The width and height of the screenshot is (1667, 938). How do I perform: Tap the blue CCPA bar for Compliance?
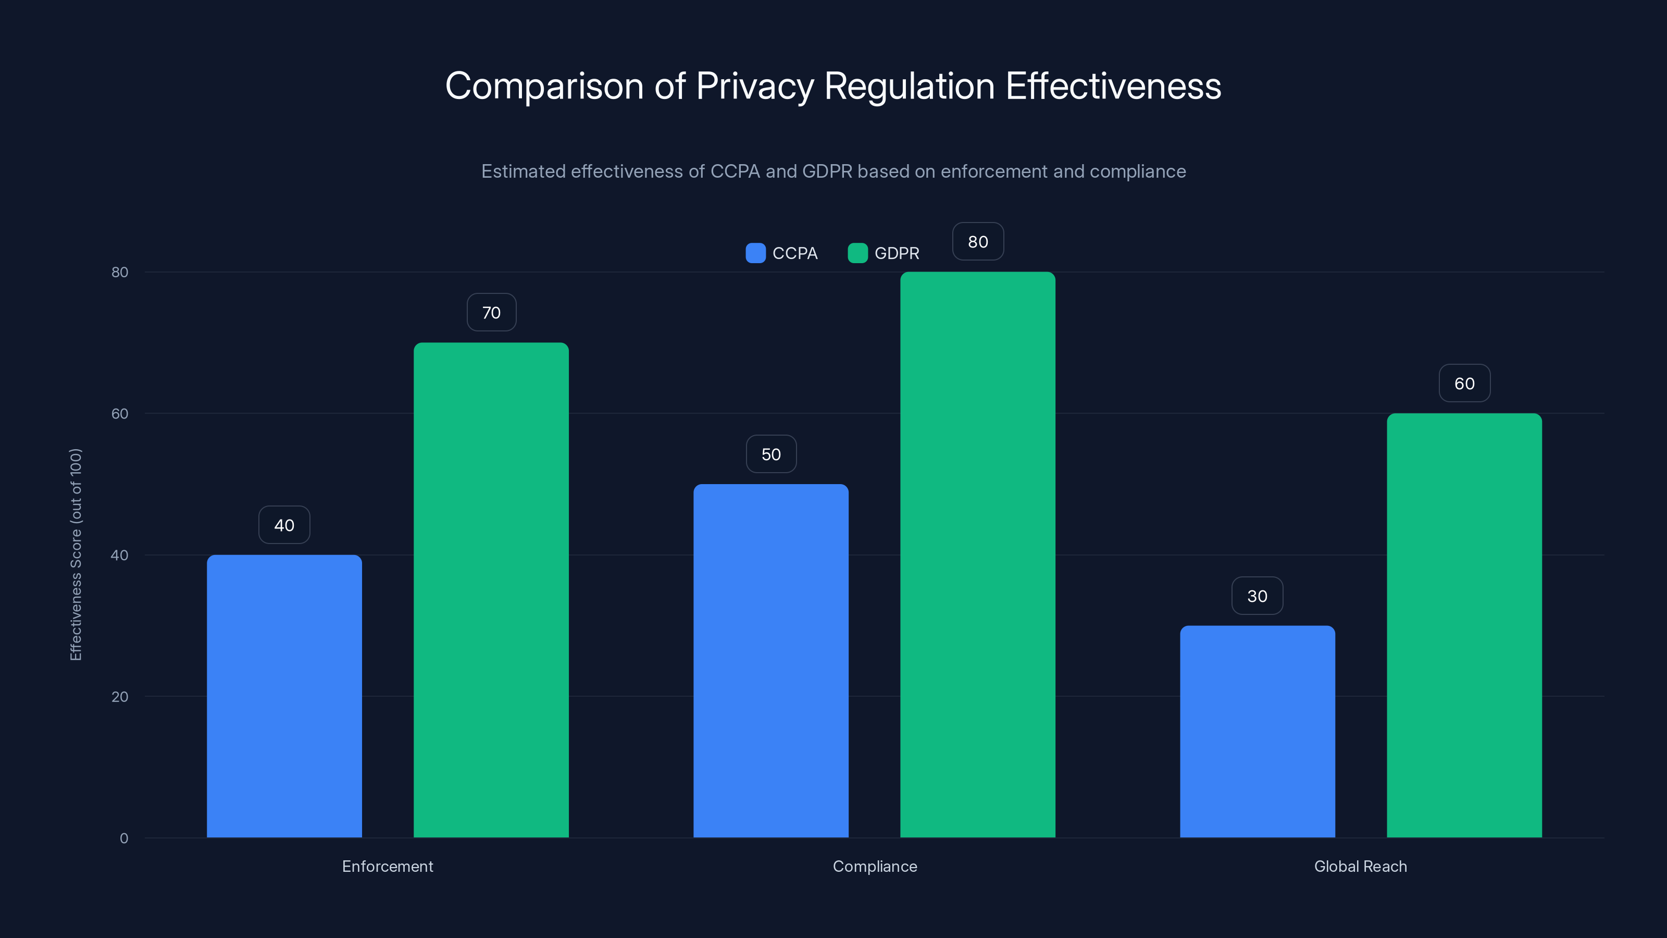(771, 660)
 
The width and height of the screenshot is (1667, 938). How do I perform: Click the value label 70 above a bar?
(491, 313)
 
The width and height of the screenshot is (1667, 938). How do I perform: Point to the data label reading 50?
(771, 454)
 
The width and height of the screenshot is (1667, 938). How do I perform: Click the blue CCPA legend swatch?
(755, 253)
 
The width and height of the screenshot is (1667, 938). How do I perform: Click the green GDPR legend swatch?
(857, 253)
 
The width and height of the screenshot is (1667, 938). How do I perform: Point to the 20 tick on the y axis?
(120, 697)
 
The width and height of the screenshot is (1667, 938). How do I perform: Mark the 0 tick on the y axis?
(123, 838)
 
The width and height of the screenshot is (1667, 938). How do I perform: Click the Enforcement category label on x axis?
(387, 866)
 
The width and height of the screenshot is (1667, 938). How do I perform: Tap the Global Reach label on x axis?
(1360, 866)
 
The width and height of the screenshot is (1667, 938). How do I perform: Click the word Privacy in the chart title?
(754, 86)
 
